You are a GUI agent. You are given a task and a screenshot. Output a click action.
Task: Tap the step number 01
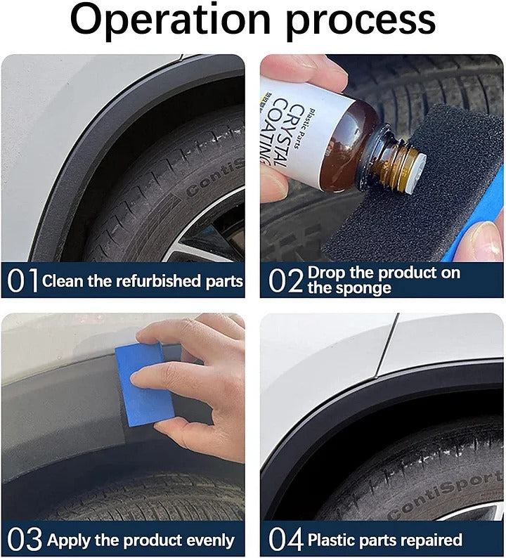[x=23, y=281]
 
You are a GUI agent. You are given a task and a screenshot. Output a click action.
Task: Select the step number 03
[x=25, y=540]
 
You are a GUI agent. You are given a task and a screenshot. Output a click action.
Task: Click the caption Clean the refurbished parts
[x=143, y=281]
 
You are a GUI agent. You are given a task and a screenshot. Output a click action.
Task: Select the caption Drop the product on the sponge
[x=383, y=280]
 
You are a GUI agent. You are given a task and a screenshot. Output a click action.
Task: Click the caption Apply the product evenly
[x=141, y=540]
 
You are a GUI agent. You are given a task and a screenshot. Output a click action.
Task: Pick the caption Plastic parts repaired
[x=385, y=540]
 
